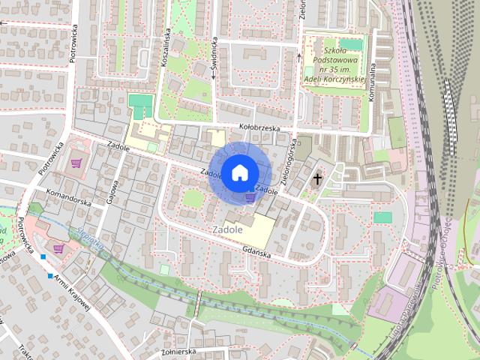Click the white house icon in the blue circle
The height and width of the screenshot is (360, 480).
[238, 172]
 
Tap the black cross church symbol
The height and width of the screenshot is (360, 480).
[318, 178]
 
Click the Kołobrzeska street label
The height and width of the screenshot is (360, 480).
[259, 128]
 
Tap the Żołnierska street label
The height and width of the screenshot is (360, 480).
[178, 350]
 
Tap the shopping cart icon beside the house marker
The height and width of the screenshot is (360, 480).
[250, 197]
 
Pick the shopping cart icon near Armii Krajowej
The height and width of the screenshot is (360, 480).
[58, 247]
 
